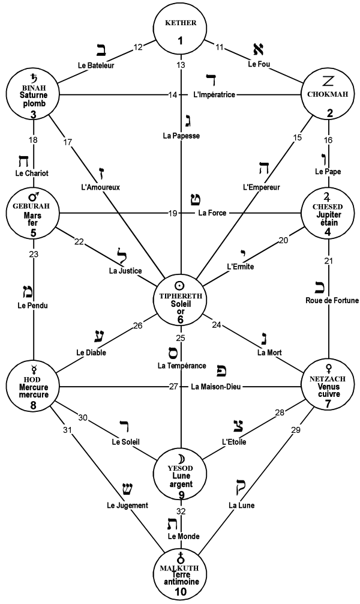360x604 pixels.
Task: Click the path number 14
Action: click(173, 95)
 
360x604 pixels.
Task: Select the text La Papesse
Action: click(181, 136)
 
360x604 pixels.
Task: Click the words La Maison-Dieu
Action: click(217, 387)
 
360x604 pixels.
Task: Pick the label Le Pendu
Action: click(31, 306)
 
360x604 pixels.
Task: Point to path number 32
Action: click(181, 510)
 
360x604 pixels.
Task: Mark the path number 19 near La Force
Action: click(173, 213)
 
